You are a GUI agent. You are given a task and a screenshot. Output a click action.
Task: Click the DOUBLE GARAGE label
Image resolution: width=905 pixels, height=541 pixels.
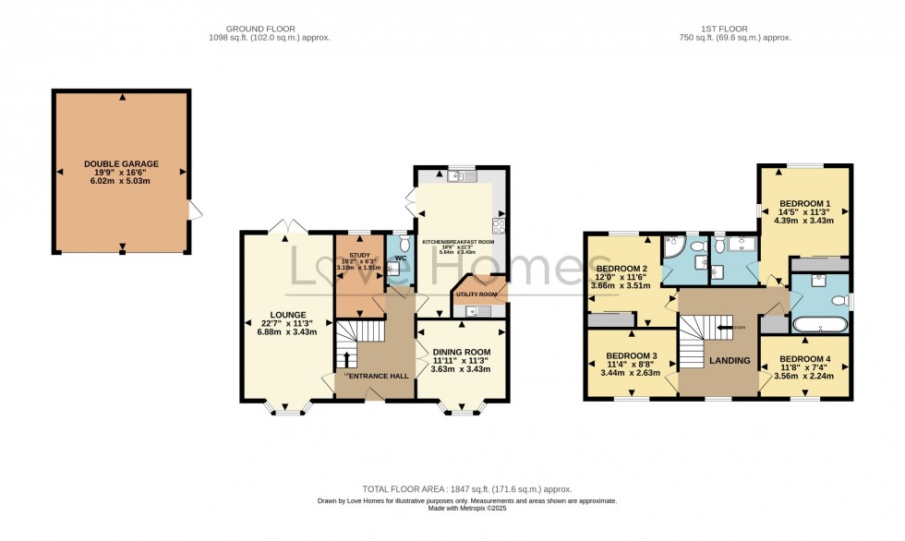[122, 164]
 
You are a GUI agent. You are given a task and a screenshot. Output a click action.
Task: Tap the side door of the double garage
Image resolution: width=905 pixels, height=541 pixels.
[194, 211]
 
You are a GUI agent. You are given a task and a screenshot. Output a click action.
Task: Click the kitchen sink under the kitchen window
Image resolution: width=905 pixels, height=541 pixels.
[457, 176]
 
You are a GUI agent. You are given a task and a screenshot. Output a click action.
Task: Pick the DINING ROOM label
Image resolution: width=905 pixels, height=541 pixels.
[461, 352]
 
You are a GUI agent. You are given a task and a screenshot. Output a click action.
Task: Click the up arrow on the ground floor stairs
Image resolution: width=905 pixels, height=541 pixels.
[347, 358]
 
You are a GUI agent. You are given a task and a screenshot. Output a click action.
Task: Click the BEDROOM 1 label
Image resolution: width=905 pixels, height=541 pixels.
[804, 203]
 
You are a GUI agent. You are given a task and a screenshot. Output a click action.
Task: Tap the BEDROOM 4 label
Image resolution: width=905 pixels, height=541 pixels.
[804, 359]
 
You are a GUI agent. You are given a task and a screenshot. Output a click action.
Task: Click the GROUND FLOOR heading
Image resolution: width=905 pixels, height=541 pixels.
[269, 28]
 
